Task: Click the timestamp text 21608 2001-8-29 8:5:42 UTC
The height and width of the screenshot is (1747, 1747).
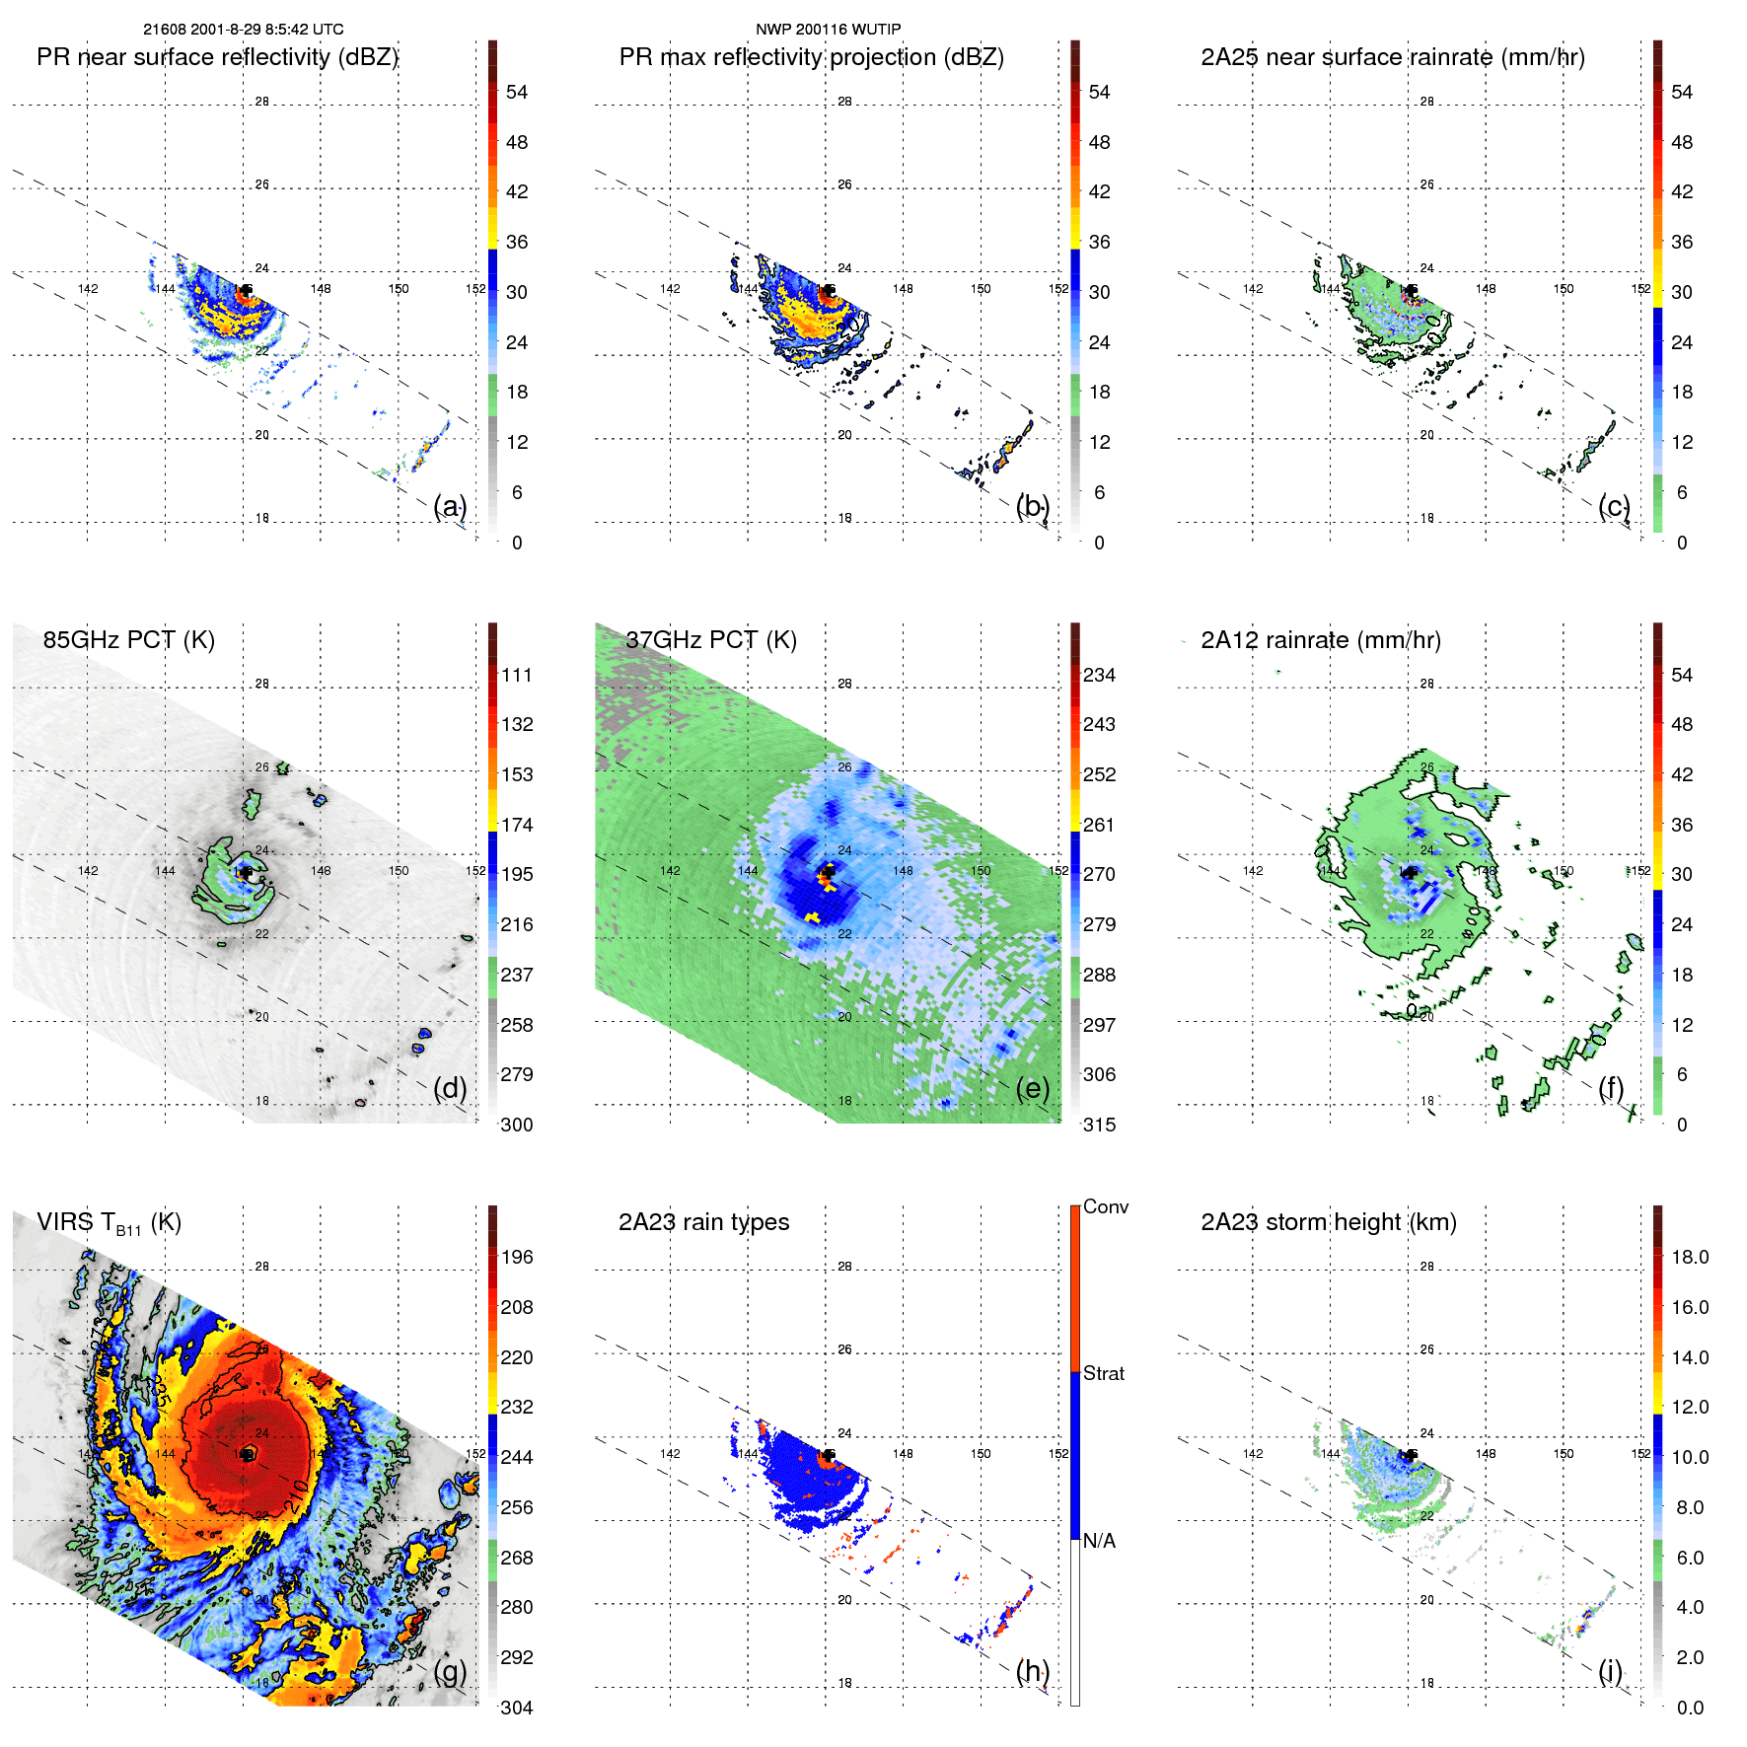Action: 244,30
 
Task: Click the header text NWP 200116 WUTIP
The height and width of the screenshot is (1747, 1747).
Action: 828,30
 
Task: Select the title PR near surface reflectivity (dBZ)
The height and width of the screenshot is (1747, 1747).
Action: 217,57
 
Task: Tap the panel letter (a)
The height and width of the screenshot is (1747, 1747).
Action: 450,506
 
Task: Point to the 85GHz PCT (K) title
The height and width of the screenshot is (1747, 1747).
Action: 128,639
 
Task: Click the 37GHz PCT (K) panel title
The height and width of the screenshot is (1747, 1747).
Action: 710,639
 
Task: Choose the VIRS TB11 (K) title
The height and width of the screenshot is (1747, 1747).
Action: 109,1223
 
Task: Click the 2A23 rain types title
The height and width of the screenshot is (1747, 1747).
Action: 703,1222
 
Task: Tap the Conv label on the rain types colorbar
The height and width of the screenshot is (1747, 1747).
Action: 1106,1206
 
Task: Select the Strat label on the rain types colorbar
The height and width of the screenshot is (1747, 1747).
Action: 1104,1373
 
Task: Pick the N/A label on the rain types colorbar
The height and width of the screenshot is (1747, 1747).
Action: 1099,1541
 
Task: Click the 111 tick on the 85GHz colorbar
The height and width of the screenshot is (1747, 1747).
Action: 517,675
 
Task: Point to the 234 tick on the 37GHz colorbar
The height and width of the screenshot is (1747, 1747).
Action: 1099,675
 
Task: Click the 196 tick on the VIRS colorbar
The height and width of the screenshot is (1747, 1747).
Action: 517,1257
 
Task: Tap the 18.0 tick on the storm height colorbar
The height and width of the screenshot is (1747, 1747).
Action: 1690,1257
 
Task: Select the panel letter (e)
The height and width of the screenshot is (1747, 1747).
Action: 1033,1088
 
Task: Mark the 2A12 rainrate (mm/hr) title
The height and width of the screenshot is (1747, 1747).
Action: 1321,640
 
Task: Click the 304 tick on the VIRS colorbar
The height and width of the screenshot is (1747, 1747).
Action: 517,1708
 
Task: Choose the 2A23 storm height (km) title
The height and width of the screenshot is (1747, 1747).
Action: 1328,1222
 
